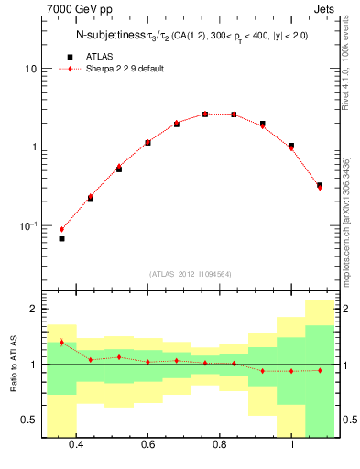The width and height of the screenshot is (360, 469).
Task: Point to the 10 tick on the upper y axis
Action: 31,69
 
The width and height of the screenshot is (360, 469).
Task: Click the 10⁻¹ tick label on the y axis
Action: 27,225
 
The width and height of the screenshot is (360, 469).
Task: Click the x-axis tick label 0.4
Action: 76,444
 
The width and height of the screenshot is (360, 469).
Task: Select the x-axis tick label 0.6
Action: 147,444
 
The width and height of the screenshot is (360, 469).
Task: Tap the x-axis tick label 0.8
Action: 220,444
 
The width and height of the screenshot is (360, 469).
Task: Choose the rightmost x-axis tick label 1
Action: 291,444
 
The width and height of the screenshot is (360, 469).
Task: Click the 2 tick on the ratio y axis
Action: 33,310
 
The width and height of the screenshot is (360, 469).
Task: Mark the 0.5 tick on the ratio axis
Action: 29,420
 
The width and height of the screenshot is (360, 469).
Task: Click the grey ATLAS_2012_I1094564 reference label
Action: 190,274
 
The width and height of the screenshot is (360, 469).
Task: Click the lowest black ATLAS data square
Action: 62,238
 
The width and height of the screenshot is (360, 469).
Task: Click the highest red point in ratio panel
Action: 62,342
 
